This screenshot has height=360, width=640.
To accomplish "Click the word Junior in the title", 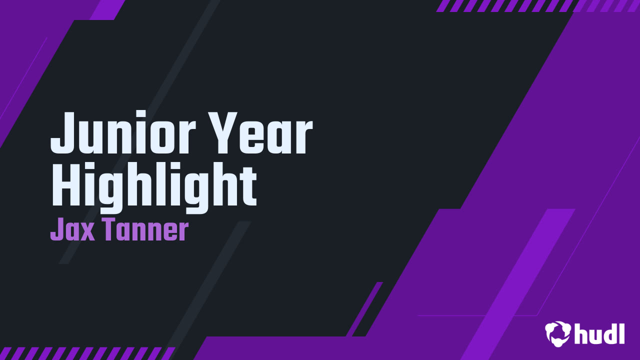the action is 123,133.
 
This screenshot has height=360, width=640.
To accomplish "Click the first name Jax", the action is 72,229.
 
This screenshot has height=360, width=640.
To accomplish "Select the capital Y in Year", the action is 223,133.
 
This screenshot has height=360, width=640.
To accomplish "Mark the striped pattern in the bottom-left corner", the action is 87,353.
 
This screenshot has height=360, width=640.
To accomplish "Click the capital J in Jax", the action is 57,229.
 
